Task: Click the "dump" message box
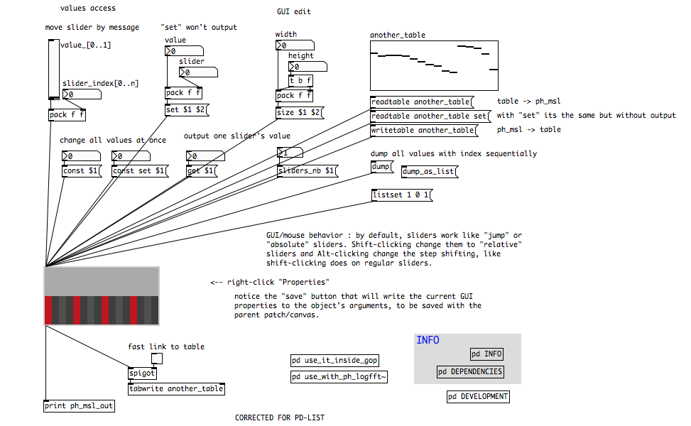point(380,167)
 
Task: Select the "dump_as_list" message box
point(430,171)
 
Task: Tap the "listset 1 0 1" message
point(402,195)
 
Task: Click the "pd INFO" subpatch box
point(486,354)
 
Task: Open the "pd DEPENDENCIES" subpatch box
point(470,371)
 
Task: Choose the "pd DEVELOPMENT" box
point(478,397)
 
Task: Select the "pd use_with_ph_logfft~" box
point(339,377)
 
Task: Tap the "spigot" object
point(141,373)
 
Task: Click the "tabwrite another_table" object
point(176,388)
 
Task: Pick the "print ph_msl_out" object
point(79,406)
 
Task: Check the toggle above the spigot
point(158,359)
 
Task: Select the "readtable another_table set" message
point(430,116)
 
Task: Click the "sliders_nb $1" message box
point(306,170)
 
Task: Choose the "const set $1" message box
point(141,170)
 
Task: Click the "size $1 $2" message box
point(299,112)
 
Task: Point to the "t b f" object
point(300,80)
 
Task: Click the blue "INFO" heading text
point(428,340)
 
